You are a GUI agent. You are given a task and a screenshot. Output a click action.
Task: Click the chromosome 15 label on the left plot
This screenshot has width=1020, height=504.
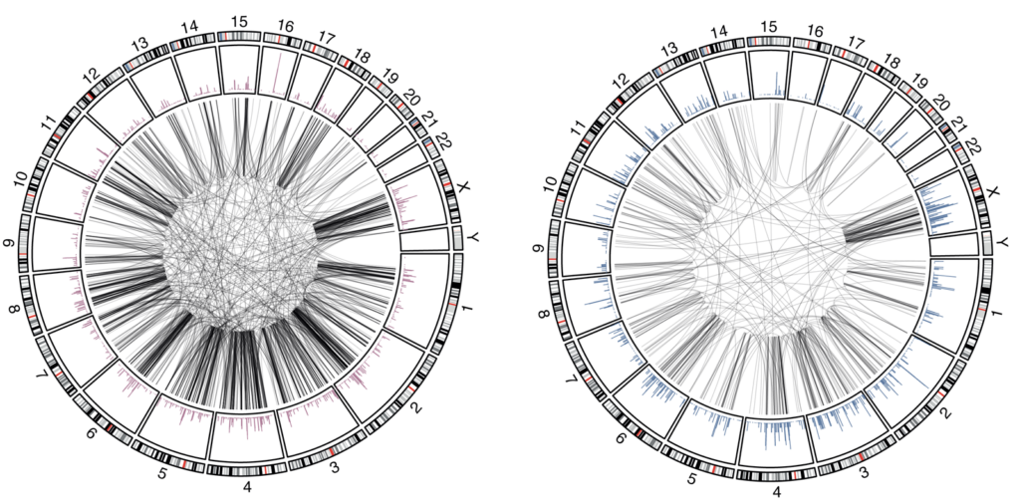pos(239,21)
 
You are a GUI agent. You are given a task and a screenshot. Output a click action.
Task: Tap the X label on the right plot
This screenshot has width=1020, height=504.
pos(992,192)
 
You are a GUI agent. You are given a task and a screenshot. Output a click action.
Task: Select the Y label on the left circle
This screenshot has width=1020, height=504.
pos(473,238)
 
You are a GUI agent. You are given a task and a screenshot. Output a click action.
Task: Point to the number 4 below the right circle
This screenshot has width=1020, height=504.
pos(775,492)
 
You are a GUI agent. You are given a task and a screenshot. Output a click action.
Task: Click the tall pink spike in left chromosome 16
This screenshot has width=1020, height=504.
pos(280,73)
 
